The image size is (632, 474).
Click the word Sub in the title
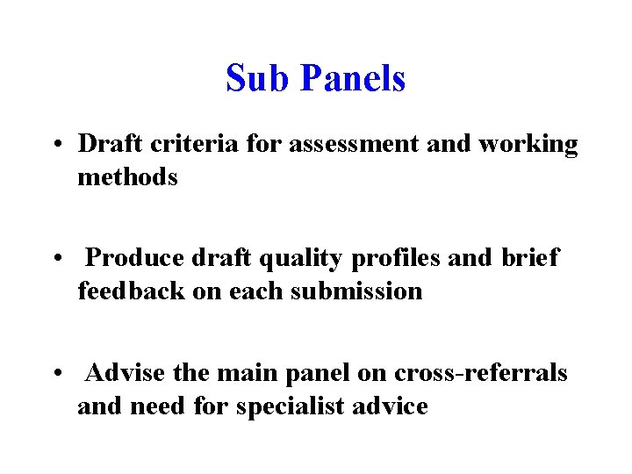coord(259,79)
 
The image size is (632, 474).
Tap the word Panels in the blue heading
coord(353,79)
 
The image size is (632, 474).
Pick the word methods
coord(127,176)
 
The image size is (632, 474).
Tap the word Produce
coord(136,259)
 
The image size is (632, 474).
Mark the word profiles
coord(400,259)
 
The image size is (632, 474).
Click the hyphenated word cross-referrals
coord(480,373)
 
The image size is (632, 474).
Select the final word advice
coord(390,406)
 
